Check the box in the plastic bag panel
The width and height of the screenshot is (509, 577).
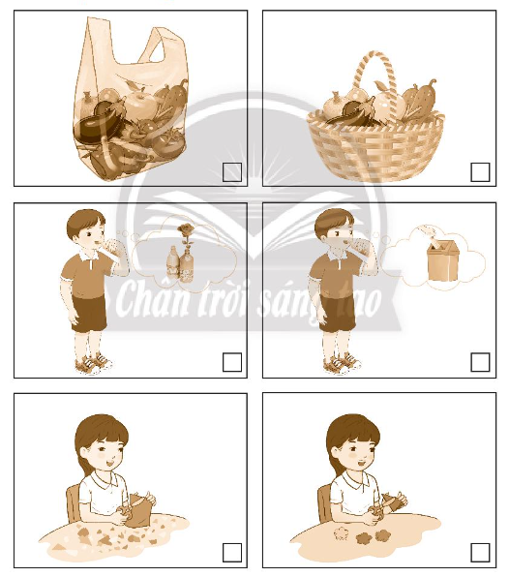click(x=232, y=172)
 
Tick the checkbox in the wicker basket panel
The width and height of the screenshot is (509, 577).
click(x=480, y=172)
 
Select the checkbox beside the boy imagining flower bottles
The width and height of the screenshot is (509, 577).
click(x=232, y=362)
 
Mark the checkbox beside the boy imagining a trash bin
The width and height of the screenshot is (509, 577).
click(x=480, y=362)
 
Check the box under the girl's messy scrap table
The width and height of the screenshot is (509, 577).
click(x=232, y=552)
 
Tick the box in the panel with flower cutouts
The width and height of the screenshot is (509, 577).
click(x=480, y=552)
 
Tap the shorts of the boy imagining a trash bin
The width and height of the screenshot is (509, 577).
click(x=337, y=312)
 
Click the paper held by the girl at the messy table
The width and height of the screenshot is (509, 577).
click(x=142, y=506)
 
